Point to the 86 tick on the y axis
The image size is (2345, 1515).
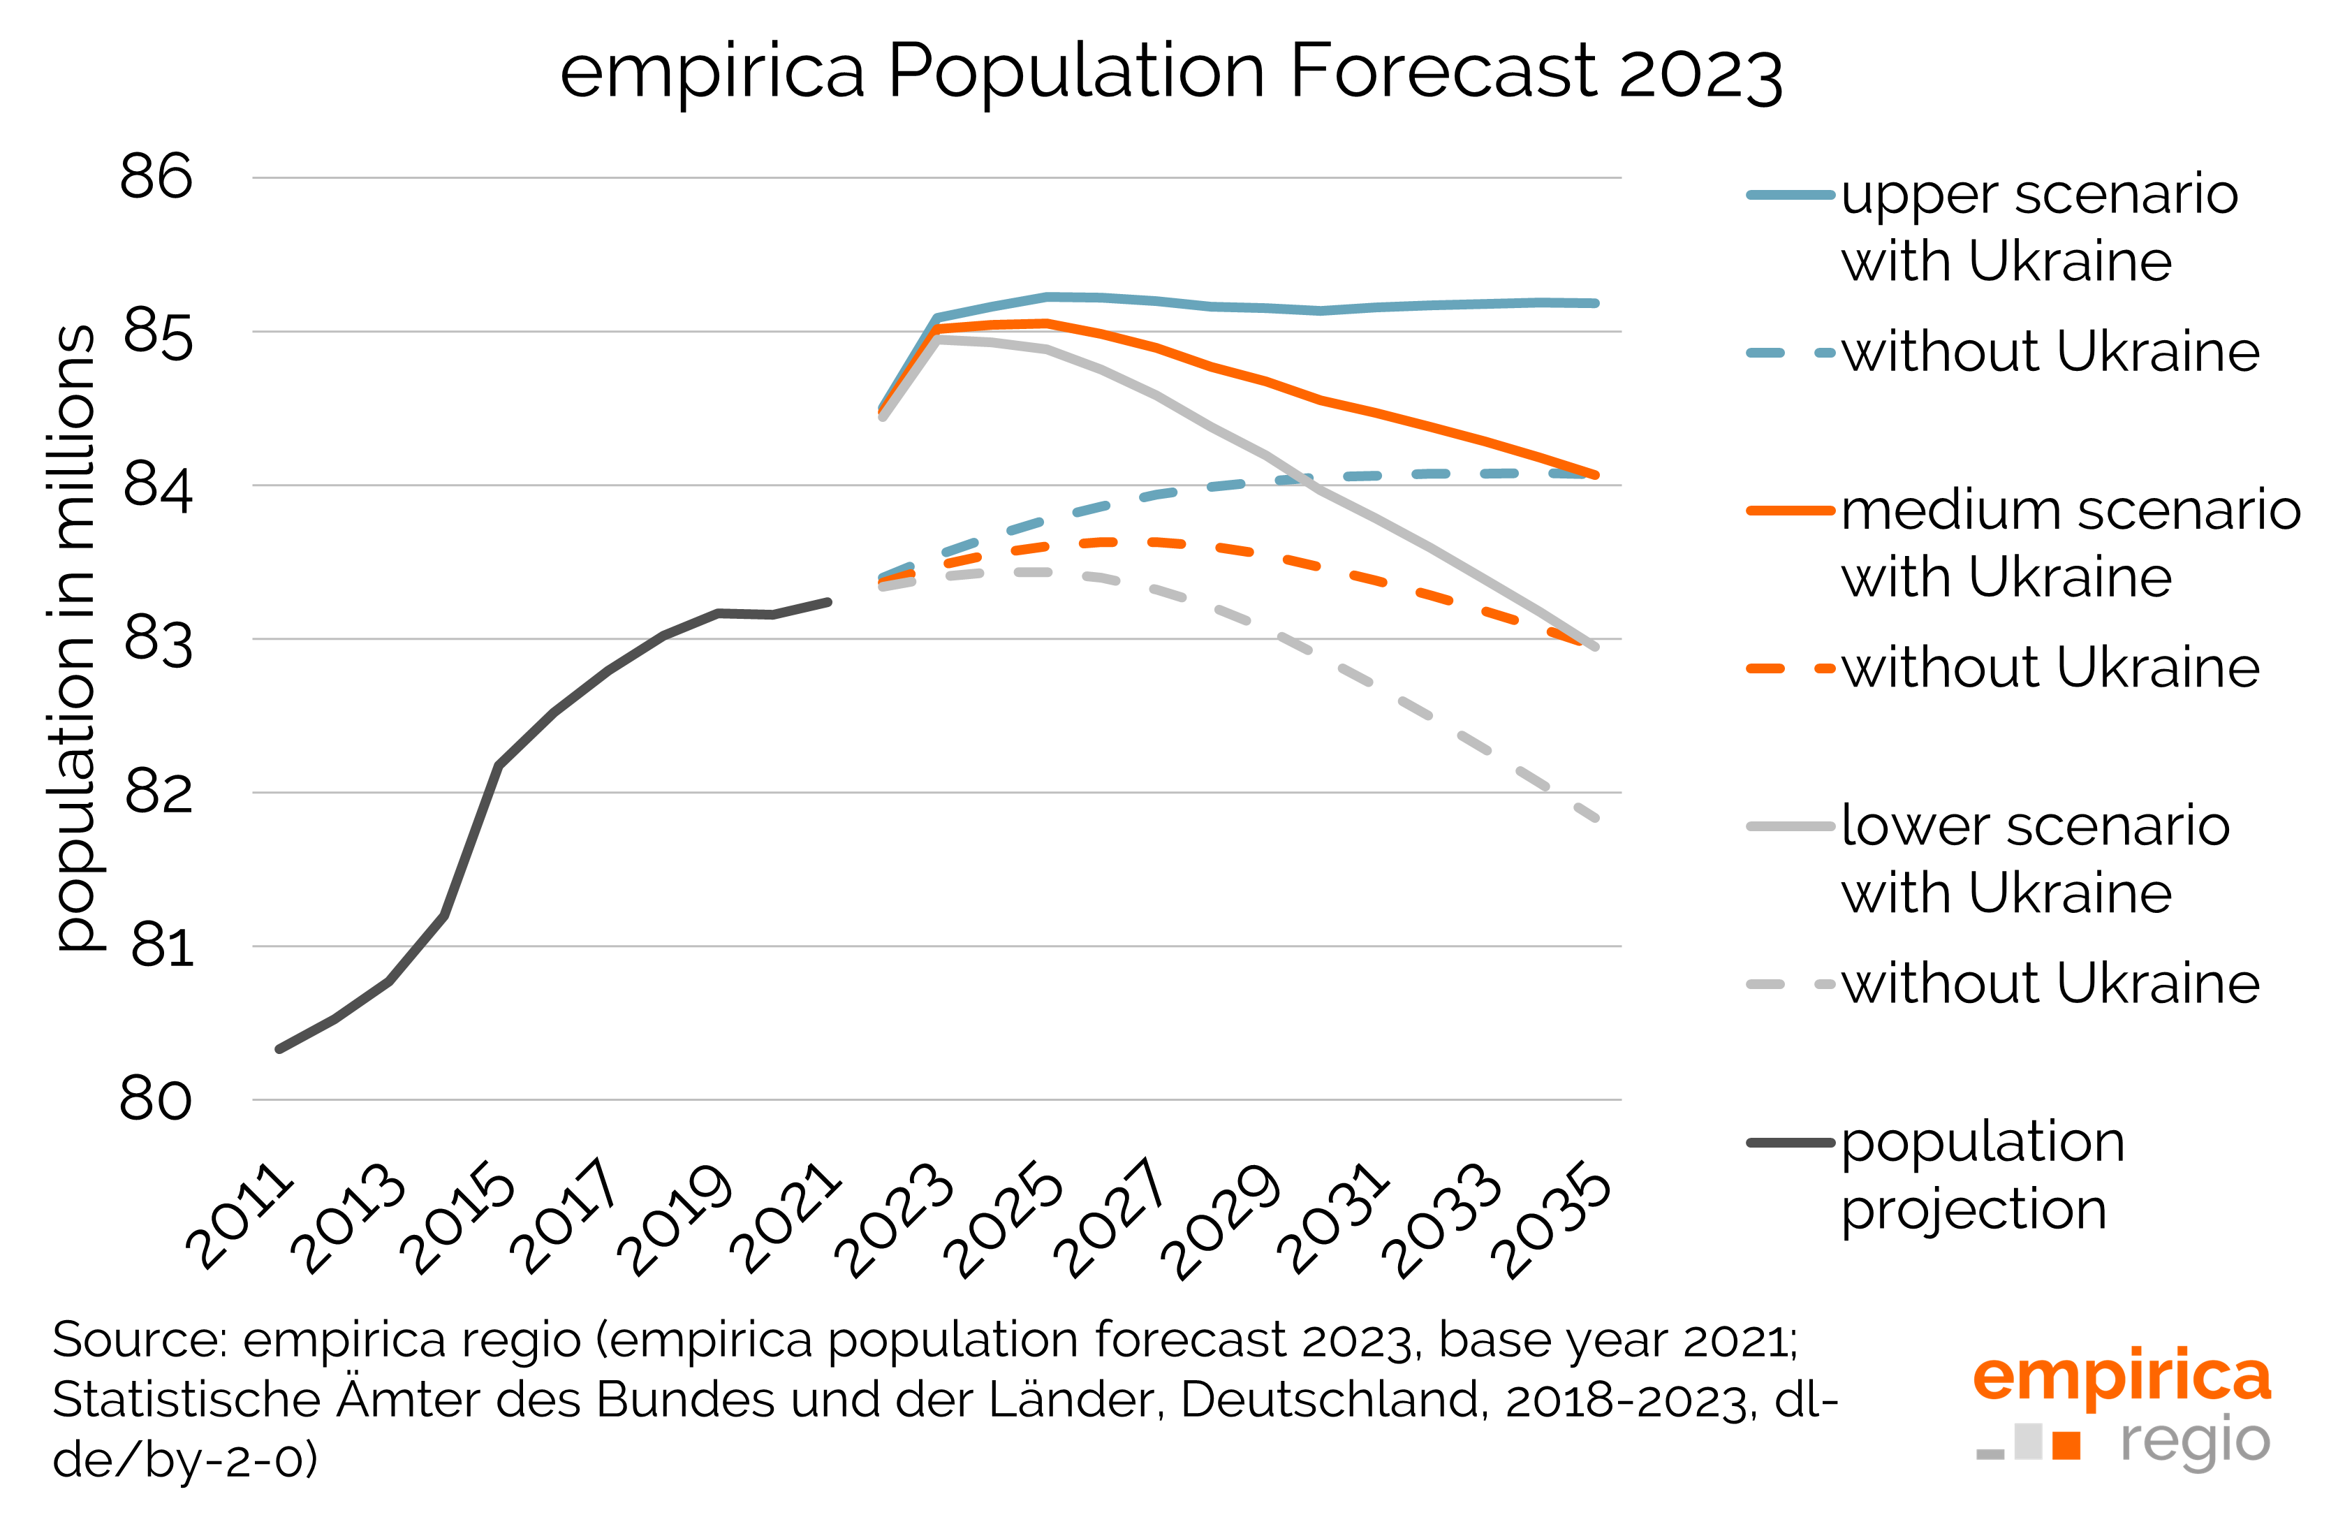tap(156, 177)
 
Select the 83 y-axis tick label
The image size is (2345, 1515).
tap(156, 639)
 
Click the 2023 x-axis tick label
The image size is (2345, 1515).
tap(895, 1220)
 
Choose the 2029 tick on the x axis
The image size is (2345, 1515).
tap(1223, 1220)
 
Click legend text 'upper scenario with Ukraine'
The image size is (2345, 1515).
tap(2038, 227)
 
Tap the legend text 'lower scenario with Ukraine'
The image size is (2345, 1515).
tap(2034, 859)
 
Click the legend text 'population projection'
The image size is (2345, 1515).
tap(1981, 1175)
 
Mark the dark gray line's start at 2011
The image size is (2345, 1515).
tap(280, 1048)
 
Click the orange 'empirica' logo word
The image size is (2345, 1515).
tap(2121, 1377)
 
